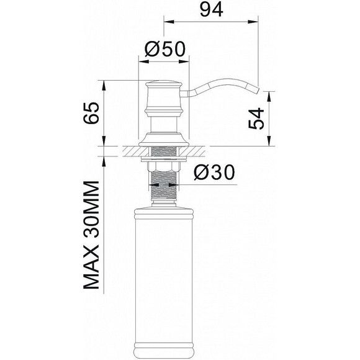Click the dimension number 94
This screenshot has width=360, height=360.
pyautogui.click(x=211, y=10)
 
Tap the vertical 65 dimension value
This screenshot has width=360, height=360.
pyautogui.click(x=91, y=113)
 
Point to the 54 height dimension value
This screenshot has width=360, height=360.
pyautogui.click(x=256, y=117)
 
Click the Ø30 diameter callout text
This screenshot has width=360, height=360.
pyautogui.click(x=212, y=174)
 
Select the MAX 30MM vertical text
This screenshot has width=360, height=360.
pyautogui.click(x=91, y=235)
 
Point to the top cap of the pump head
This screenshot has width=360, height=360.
pyautogui.click(x=163, y=83)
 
